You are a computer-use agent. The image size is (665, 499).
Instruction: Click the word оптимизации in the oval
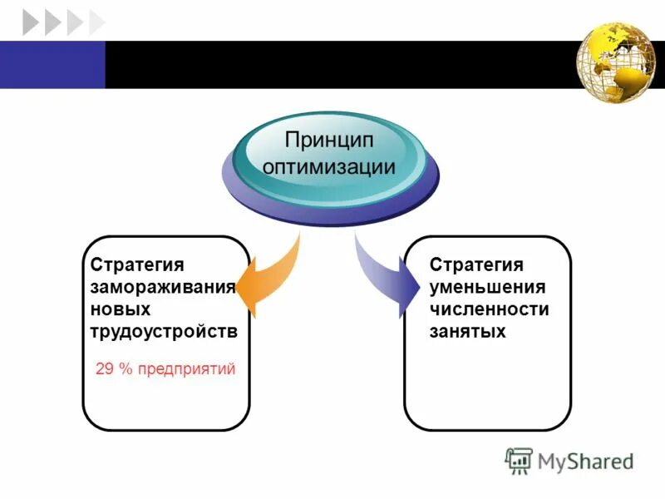click(x=328, y=165)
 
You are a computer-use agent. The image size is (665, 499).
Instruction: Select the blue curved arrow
click(x=387, y=278)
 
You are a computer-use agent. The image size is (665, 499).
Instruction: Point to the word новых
click(x=121, y=309)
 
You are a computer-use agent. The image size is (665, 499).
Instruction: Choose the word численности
click(x=490, y=309)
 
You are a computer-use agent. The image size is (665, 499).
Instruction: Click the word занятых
click(x=468, y=331)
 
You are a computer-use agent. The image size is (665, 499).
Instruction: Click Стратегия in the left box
click(x=137, y=265)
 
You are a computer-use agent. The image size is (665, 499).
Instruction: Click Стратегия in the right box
click(x=476, y=265)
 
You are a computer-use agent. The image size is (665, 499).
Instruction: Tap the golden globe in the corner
click(x=617, y=63)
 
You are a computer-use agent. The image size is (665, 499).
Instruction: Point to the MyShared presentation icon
click(x=519, y=461)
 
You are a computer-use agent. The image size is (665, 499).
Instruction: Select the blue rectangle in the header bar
click(x=52, y=64)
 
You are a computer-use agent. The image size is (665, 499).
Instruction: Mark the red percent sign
click(x=126, y=368)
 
